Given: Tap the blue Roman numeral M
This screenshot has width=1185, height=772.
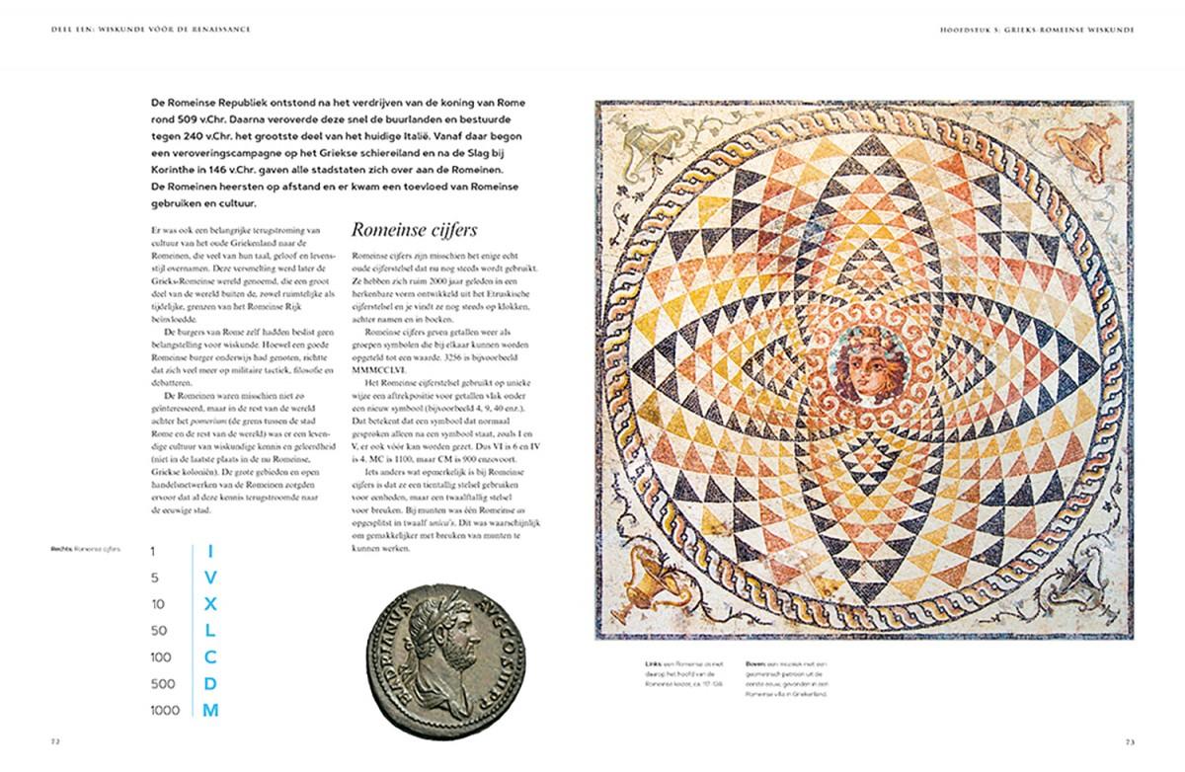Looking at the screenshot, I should (210, 711).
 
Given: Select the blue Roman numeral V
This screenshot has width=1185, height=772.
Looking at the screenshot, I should (210, 577).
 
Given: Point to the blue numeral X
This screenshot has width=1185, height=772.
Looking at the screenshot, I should (210, 603).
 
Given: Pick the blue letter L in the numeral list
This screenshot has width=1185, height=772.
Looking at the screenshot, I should (210, 630).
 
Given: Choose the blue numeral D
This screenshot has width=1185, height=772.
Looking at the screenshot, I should (210, 683).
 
